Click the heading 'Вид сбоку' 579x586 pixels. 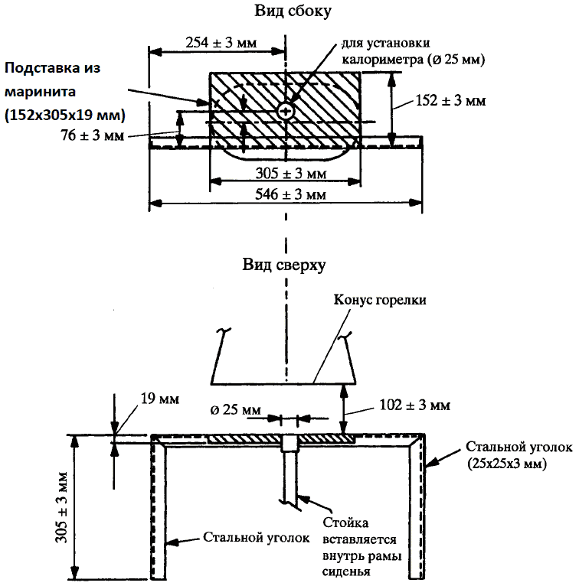click(284, 12)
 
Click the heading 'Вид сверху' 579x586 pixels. click(285, 265)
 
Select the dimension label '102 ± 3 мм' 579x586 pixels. click(414, 404)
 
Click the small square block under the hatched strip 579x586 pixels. click(288, 444)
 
